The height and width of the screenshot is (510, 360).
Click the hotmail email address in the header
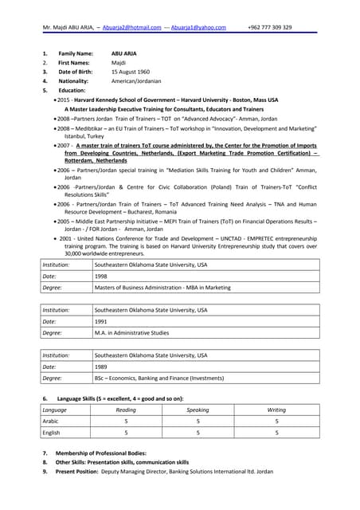tap(132, 27)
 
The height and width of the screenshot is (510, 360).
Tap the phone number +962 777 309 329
tap(269, 27)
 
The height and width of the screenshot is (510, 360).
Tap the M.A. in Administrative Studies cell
tap(132, 333)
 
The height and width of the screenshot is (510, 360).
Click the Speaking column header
tap(198, 410)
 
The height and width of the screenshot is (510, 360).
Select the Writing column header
tap(276, 410)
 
